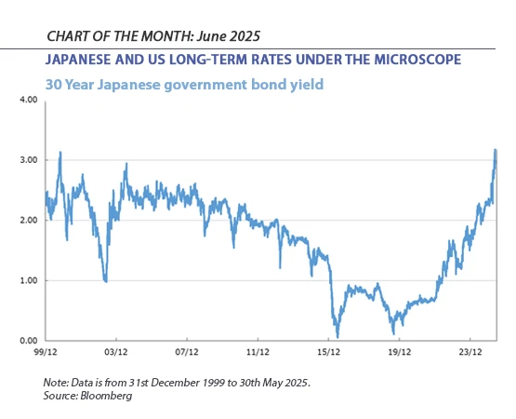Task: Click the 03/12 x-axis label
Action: pos(115,353)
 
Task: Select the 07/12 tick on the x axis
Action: pos(186,353)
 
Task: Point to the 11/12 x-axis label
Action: pos(258,353)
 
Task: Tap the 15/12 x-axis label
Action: pos(328,353)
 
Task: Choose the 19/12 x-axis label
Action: pos(399,353)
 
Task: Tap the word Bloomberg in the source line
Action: pos(107,396)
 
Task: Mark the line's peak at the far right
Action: pos(496,149)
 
